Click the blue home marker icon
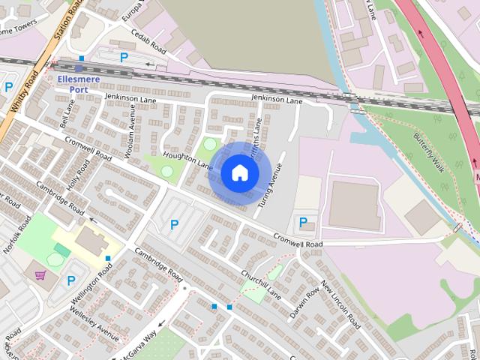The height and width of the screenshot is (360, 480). (239, 173)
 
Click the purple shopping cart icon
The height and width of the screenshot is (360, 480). (40, 276)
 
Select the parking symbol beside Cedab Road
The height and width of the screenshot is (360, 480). (124, 57)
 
